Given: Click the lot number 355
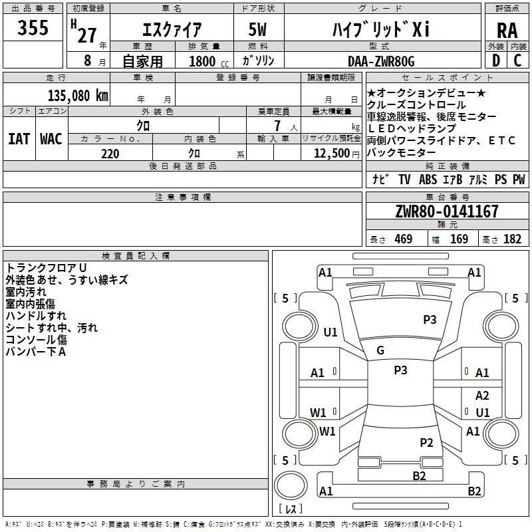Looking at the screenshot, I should tap(33, 29).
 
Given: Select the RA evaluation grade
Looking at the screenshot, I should tap(507, 31).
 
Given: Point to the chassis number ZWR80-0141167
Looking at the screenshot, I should tap(446, 211).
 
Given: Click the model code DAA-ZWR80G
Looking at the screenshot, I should tap(381, 61).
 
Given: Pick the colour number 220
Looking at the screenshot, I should tap(110, 154).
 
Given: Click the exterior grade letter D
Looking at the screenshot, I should tap(495, 61).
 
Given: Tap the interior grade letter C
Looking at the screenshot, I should tap(517, 61).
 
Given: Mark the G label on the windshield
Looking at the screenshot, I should tap(380, 350).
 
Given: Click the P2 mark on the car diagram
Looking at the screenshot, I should tap(426, 442).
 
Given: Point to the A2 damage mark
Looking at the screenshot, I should tap(482, 396).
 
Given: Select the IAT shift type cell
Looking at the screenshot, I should tap(19, 139).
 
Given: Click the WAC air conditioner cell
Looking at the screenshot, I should tap(51, 139).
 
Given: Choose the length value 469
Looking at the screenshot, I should tap(403, 239).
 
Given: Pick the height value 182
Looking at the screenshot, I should tap(512, 239).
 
